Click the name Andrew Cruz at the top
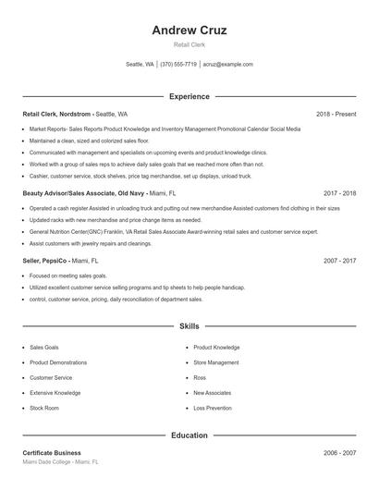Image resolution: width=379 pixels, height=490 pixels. pyautogui.click(x=189, y=30)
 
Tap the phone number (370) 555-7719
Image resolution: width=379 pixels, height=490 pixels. pyautogui.click(x=178, y=65)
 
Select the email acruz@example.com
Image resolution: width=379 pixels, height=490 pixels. pyautogui.click(x=227, y=65)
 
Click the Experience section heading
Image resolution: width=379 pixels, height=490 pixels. pyautogui.click(x=189, y=96)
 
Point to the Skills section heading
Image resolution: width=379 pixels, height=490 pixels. pyautogui.click(x=189, y=326)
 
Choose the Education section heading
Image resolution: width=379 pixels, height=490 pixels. pyautogui.click(x=189, y=435)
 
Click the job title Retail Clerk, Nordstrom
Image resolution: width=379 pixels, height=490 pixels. pyautogui.click(x=57, y=114)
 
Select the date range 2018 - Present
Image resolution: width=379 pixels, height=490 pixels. pyautogui.click(x=336, y=114)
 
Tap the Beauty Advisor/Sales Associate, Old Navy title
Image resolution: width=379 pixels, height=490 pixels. pyautogui.click(x=83, y=193)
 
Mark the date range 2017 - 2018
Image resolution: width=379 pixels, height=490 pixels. pyautogui.click(x=339, y=193)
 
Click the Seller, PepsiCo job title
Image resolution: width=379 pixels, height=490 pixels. pyautogui.click(x=44, y=261)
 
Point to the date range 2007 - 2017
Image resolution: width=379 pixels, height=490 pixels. pyautogui.click(x=339, y=261)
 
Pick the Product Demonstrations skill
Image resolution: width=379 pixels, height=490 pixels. pyautogui.click(x=58, y=362)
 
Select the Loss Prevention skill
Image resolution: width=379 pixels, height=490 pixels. pyautogui.click(x=213, y=407)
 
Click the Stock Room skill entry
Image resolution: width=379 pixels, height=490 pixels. pyautogui.click(x=44, y=407)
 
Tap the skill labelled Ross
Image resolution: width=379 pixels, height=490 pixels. pyautogui.click(x=200, y=377)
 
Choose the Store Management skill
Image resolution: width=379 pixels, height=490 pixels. pyautogui.click(x=215, y=362)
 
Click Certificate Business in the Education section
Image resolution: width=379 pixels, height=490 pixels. pyautogui.click(x=52, y=453)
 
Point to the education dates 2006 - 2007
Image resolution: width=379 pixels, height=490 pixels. pyautogui.click(x=339, y=453)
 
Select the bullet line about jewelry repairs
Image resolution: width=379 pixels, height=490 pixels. pyautogui.click(x=91, y=243)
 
